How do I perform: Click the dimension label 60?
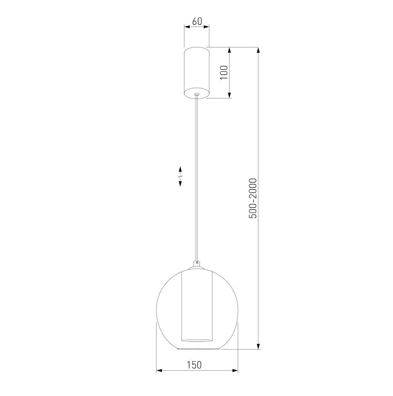click(197, 21)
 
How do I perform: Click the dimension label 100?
click(224, 73)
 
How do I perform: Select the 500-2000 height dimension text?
click(252, 198)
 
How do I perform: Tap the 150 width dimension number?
click(194, 365)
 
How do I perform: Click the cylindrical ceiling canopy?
click(197, 73)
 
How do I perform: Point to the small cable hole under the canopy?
click(197, 94)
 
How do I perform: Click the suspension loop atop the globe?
click(197, 263)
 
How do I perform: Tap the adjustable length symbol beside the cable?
click(180, 176)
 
